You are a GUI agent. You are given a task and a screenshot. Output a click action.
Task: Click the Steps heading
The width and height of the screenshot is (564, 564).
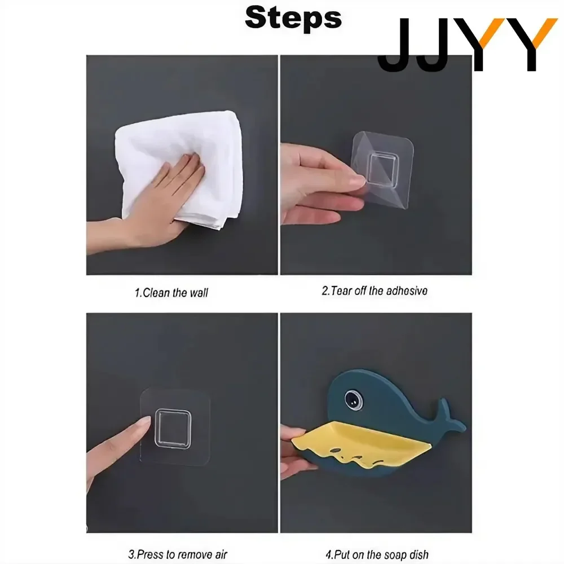[x=293, y=18]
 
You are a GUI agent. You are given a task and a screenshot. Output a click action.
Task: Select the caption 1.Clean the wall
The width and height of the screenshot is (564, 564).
[x=171, y=293]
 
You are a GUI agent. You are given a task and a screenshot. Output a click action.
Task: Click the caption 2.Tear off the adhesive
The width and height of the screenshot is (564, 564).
[x=374, y=290]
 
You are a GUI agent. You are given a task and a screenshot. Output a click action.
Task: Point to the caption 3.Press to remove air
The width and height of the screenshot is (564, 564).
[x=178, y=554]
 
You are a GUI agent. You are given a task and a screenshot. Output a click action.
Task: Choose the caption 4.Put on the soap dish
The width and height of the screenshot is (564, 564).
[x=377, y=554]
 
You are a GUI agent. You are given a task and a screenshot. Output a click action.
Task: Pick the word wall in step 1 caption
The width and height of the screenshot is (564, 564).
[x=199, y=293]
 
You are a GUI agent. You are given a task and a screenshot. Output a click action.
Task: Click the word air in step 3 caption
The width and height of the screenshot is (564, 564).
[x=221, y=554]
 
